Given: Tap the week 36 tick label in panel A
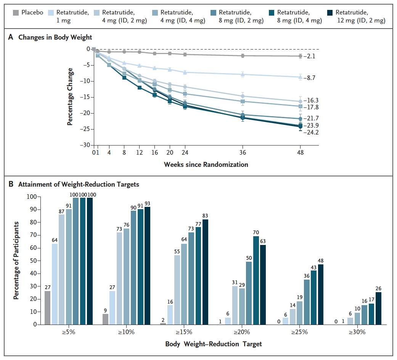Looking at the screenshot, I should pyautogui.click(x=243, y=152).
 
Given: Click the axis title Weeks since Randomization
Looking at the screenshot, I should pyautogui.click(x=206, y=165).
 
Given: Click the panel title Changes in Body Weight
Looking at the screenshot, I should pyautogui.click(x=55, y=37).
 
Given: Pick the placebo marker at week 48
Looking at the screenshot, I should pyautogui.click(x=301, y=56).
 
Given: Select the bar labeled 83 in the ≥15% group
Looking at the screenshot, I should pyautogui.click(x=206, y=272).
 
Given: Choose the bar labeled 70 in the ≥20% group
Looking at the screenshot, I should pyautogui.click(x=256, y=280).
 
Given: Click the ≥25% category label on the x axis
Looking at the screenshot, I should pyautogui.click(x=299, y=332).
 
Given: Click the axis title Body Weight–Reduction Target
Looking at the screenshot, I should pyautogui.click(x=214, y=344).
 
